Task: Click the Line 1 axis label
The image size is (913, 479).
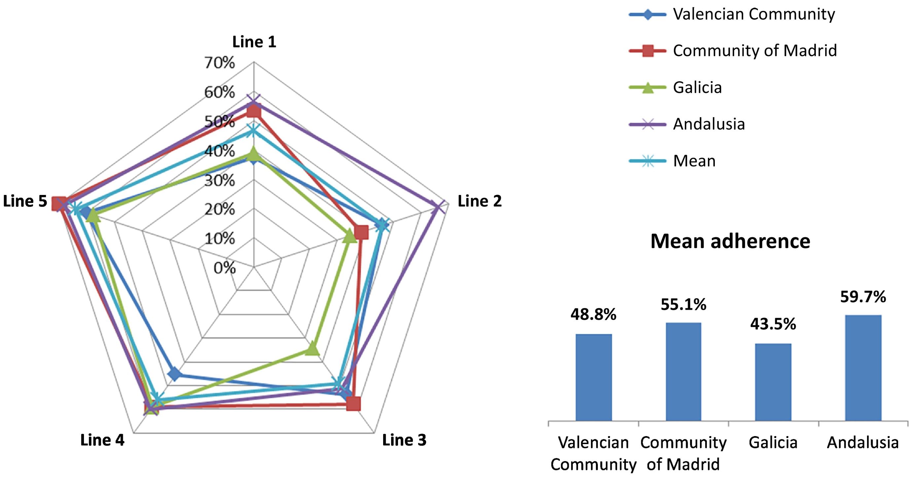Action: (x=254, y=42)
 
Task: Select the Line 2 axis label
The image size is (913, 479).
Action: (x=480, y=201)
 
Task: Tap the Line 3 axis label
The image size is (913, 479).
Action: (x=404, y=440)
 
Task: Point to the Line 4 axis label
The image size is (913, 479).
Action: (x=102, y=440)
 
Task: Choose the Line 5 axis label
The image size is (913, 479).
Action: (x=25, y=201)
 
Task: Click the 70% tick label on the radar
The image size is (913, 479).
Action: (x=219, y=63)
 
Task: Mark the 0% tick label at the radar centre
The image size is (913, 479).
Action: (x=224, y=268)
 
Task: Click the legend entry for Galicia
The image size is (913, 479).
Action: (x=697, y=87)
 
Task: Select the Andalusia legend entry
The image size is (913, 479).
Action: (x=709, y=124)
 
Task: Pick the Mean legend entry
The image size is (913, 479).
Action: (x=694, y=161)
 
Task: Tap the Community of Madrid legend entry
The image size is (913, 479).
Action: (x=754, y=50)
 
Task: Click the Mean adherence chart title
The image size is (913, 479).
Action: (x=730, y=241)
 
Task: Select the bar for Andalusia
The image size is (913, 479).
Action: (x=863, y=368)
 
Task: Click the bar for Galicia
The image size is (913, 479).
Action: (x=773, y=382)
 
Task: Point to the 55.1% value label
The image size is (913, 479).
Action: (x=683, y=304)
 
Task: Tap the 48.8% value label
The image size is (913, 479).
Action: (x=593, y=314)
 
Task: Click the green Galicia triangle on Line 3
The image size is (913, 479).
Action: (x=312, y=349)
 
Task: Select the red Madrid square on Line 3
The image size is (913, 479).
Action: (x=353, y=403)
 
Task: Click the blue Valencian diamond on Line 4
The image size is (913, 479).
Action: (x=174, y=374)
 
